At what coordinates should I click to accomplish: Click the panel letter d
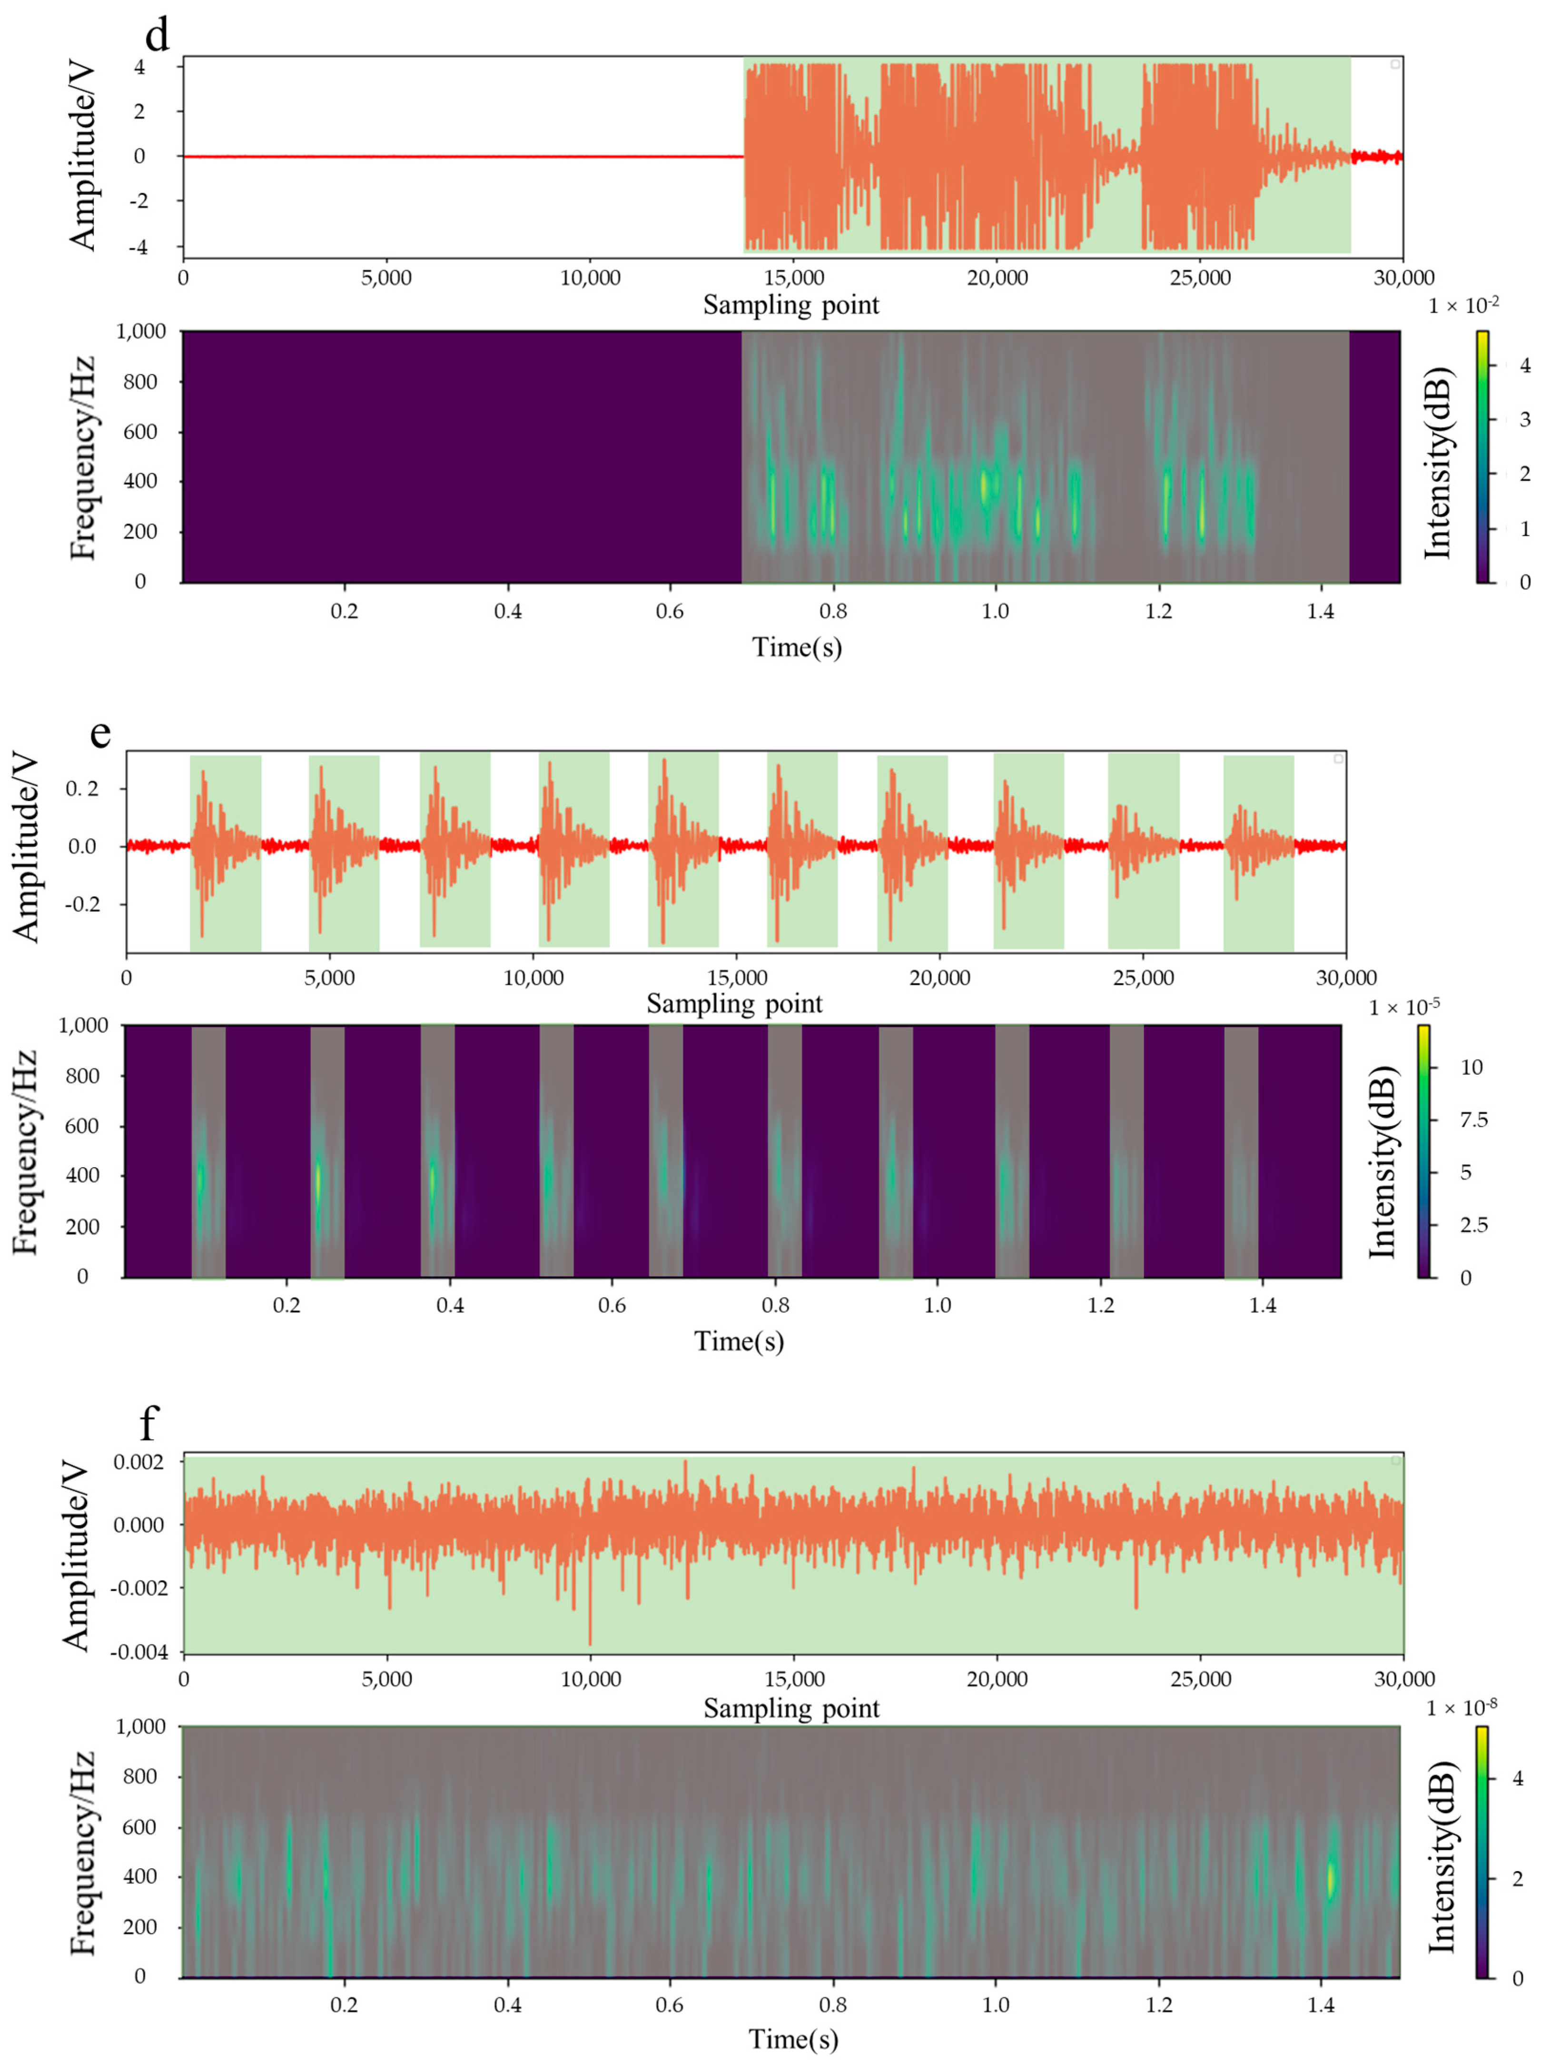[158, 35]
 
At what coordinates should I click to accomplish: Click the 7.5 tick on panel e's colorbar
[1473, 1120]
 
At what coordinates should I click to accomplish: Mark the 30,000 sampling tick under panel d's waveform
[1402, 278]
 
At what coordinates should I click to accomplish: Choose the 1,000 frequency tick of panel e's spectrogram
[86, 1025]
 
